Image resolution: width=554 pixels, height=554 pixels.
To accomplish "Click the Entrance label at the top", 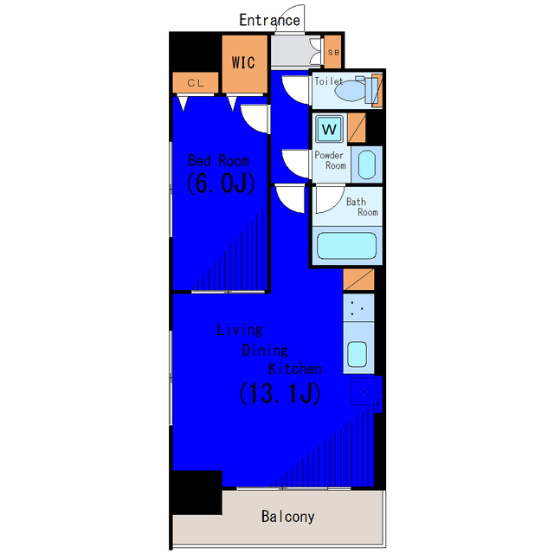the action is [x=269, y=20].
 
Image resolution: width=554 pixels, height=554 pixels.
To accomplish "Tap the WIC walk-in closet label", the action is [x=243, y=62].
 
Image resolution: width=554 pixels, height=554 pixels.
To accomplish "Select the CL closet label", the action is [x=196, y=83].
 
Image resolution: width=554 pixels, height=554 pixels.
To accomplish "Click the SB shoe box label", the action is [x=333, y=52].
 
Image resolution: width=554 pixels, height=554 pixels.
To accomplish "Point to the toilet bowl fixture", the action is [x=350, y=91].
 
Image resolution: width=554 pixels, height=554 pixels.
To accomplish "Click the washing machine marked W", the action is [x=329, y=129].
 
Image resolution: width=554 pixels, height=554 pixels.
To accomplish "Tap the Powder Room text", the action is [x=331, y=160].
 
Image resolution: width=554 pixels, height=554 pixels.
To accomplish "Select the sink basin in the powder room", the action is [x=367, y=165].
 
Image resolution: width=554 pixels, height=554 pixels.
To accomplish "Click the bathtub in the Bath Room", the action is [x=346, y=246].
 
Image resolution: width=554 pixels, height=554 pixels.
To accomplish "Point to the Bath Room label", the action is [x=362, y=207].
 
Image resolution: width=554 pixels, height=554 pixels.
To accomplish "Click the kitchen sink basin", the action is [x=358, y=354].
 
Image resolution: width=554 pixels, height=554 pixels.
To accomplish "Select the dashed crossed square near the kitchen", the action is [x=364, y=391].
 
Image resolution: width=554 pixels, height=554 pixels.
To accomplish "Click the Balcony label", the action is [x=288, y=517].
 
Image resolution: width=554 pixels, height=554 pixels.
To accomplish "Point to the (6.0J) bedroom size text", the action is [x=221, y=183].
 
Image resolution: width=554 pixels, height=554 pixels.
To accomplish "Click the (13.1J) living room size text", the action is [x=280, y=393].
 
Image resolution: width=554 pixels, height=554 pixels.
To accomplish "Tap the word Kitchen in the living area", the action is [x=295, y=369].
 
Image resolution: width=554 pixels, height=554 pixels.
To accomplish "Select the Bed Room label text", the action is [x=219, y=161].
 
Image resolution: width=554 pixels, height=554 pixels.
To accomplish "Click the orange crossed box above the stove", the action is [x=358, y=280].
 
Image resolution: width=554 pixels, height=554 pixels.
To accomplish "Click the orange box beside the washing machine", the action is [x=357, y=127].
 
